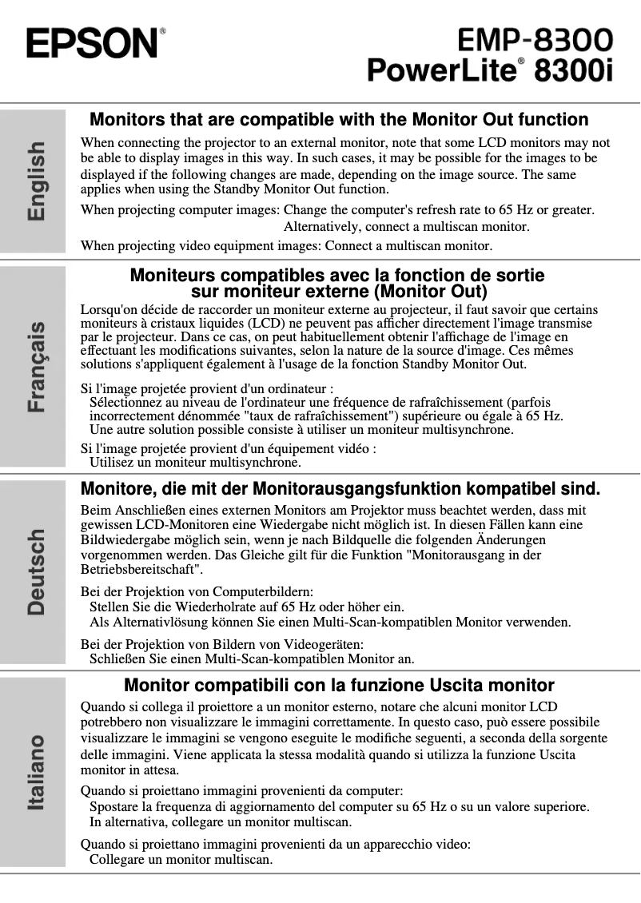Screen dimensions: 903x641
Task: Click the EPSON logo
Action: (x=93, y=42)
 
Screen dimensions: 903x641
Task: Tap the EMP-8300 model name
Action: (x=535, y=39)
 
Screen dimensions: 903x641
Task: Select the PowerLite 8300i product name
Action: (x=490, y=70)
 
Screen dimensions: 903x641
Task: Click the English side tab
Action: (x=36, y=181)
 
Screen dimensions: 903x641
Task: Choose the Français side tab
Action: (x=36, y=367)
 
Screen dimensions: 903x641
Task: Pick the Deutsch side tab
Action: (x=36, y=571)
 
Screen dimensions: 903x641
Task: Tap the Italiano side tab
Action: (x=36, y=772)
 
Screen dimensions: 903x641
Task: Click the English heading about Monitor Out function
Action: (x=339, y=120)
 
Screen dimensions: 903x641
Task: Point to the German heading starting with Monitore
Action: (x=340, y=487)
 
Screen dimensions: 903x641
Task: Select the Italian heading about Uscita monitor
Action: (x=339, y=685)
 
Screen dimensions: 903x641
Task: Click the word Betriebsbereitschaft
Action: (x=141, y=570)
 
